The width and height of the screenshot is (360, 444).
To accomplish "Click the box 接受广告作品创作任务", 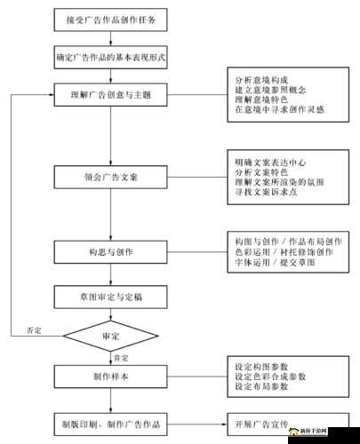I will pos(110,20).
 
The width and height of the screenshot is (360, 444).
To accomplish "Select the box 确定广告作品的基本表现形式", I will pos(110,56).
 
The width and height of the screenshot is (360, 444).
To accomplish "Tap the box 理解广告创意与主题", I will pos(110,92).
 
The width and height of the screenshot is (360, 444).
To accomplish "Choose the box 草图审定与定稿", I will pos(110,294).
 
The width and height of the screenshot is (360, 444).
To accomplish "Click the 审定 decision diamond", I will pos(110,337).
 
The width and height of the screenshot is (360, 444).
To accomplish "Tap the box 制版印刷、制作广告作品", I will pos(110,425).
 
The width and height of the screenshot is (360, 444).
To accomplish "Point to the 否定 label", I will pos(34,329).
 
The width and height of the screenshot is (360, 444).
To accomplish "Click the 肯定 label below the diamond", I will pos(120,357).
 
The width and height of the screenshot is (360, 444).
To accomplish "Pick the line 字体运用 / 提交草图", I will pos(272,265).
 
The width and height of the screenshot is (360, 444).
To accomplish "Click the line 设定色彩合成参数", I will pos(269,377).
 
